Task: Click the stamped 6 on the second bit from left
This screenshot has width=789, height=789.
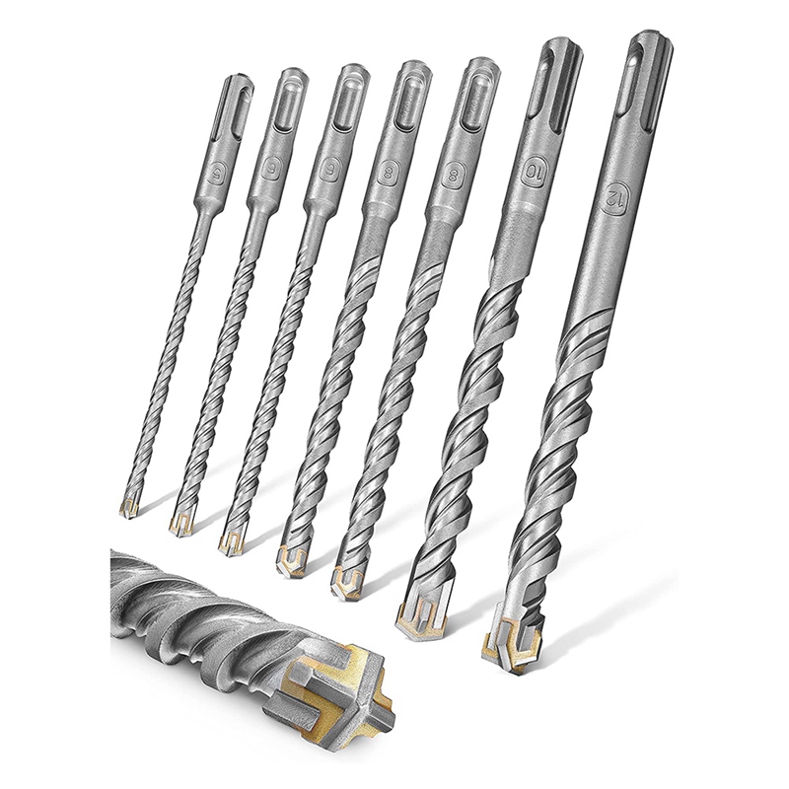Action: [268, 169]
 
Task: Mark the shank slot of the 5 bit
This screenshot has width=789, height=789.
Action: [236, 97]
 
